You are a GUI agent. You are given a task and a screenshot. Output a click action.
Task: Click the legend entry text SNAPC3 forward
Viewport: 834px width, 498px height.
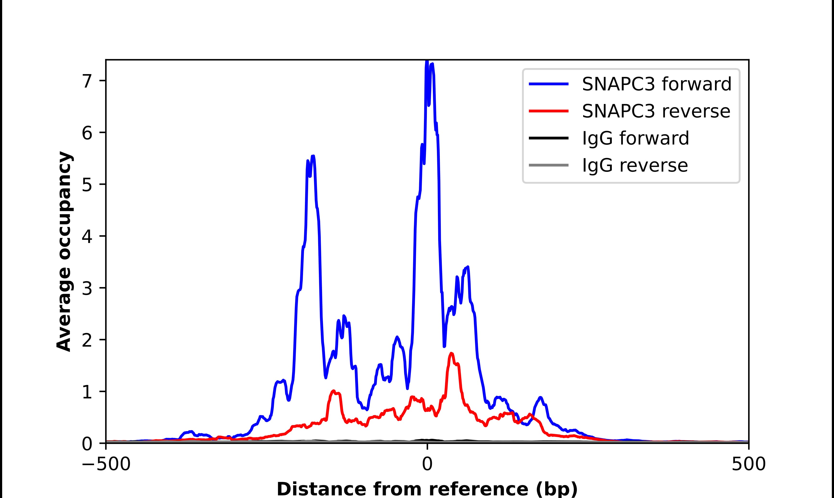click(657, 84)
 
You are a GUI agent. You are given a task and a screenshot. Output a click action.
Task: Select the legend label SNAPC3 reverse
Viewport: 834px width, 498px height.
click(656, 111)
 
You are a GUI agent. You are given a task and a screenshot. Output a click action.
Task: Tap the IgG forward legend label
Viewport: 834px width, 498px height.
click(635, 138)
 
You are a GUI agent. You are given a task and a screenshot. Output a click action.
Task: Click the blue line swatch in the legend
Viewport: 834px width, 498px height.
click(549, 84)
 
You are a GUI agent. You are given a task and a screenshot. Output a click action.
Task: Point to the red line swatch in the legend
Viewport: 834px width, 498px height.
click(549, 111)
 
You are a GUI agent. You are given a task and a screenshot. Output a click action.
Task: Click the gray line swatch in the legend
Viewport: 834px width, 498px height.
click(549, 165)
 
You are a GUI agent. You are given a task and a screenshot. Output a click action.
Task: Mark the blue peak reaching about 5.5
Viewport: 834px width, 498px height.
click(313, 156)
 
